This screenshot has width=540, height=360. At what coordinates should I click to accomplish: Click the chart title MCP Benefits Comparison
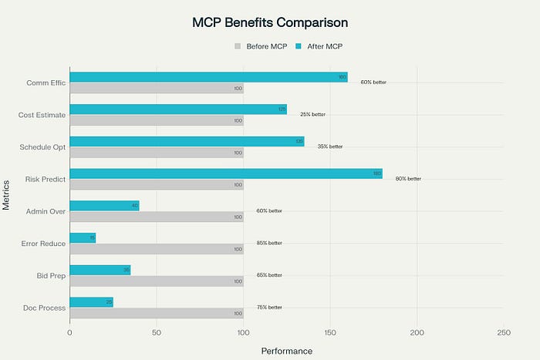point(269,22)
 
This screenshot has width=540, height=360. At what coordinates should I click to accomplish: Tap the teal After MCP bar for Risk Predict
point(226,173)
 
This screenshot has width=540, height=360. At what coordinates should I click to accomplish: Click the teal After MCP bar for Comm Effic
point(208,77)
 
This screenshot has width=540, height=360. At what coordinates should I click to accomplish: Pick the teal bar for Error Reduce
point(83,237)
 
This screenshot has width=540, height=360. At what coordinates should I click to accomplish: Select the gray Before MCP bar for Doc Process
point(157,313)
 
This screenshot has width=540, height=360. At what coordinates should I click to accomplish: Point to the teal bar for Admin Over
point(104,206)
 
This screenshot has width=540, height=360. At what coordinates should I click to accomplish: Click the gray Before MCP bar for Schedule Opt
point(157,152)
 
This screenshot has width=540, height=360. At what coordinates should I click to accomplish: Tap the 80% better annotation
point(408,178)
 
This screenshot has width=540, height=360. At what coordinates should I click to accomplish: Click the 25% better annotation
point(312,114)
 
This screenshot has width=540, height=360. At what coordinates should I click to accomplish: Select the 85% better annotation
point(269,243)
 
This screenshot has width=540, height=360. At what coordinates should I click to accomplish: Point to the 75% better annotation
point(269,307)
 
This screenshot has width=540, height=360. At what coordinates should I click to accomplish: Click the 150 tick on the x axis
point(330,332)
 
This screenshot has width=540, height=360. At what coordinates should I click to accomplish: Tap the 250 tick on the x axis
point(504,332)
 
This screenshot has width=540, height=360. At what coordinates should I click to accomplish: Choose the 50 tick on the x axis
point(157,332)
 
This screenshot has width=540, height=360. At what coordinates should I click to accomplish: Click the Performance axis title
point(286,351)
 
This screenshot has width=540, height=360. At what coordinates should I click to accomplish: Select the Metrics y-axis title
point(7,194)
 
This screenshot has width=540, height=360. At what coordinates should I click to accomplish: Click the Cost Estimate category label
point(42,116)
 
